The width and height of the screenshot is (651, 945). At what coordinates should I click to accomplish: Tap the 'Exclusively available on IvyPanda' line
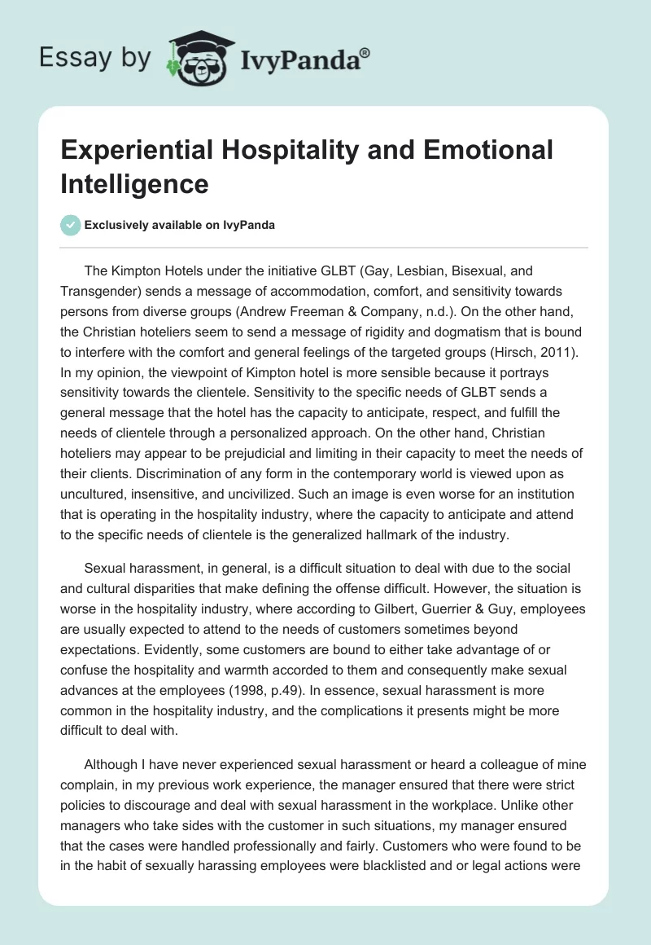coord(179,225)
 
